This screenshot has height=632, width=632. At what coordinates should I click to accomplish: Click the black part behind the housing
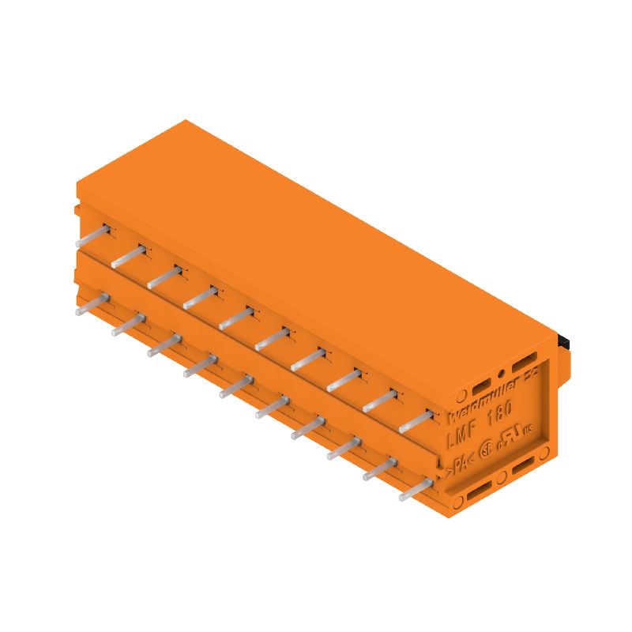(x=564, y=340)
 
